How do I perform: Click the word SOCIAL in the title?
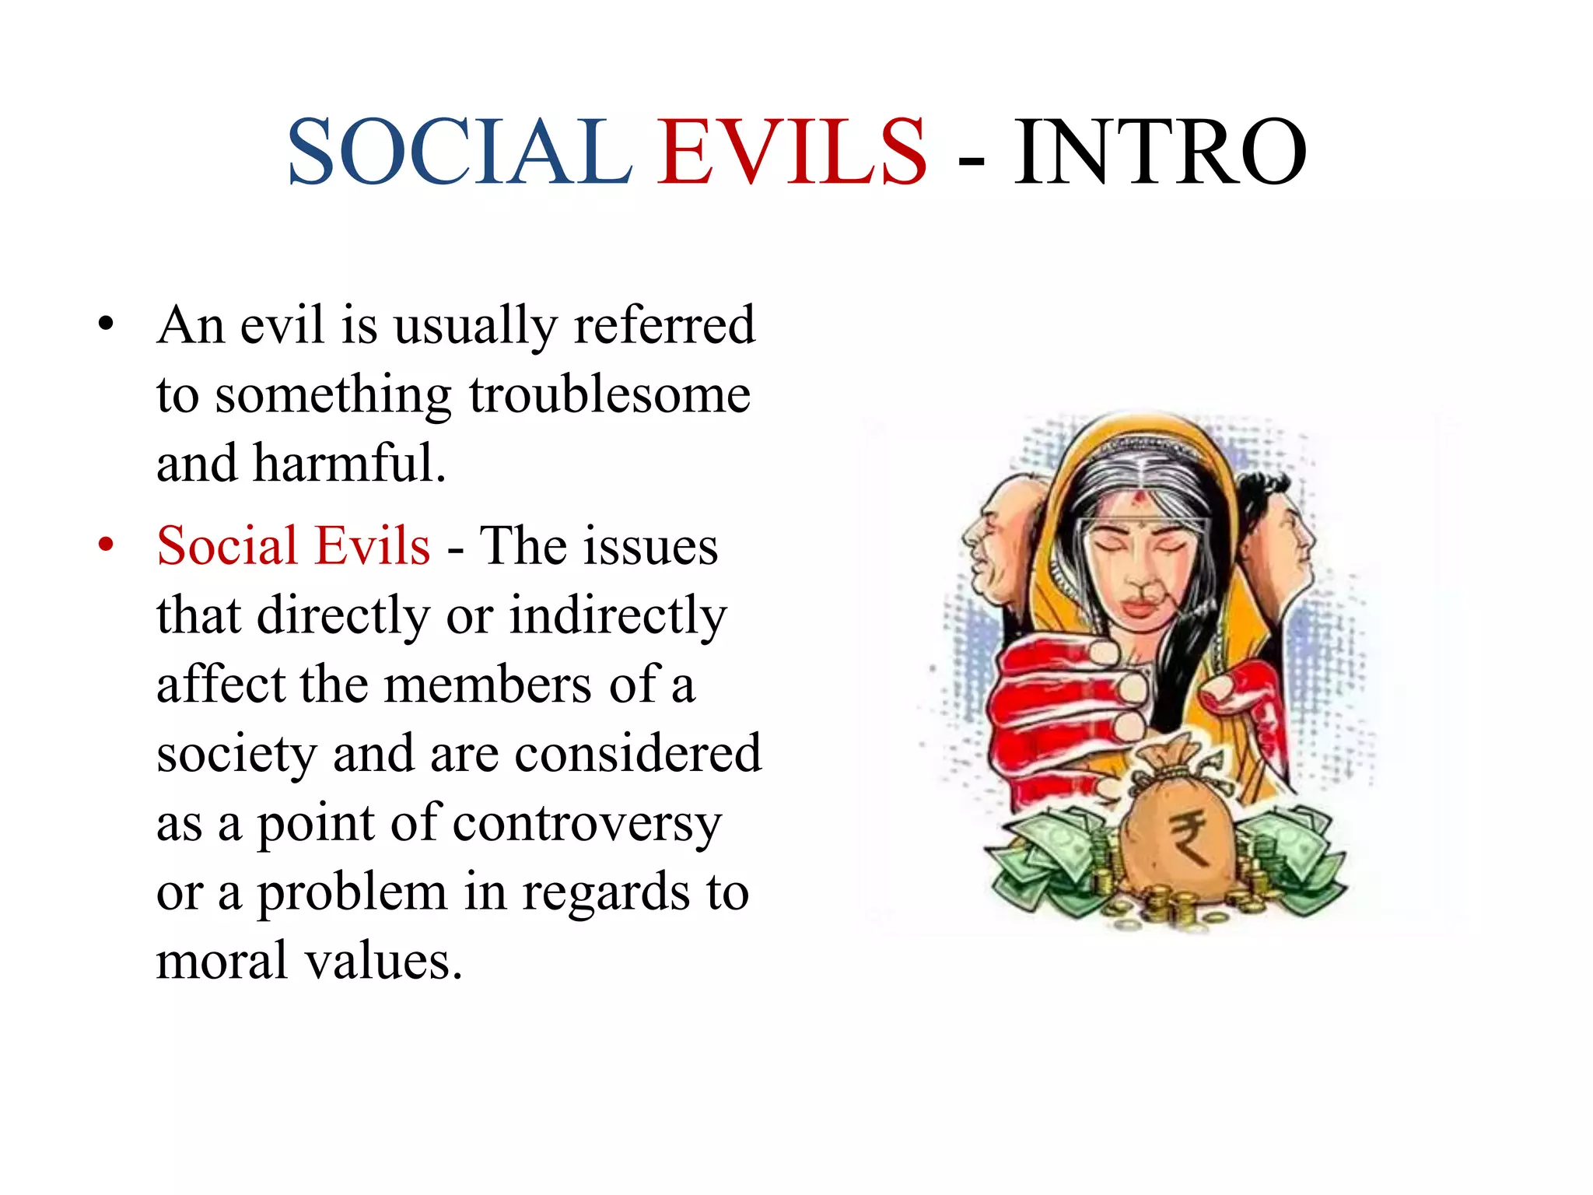click(x=459, y=152)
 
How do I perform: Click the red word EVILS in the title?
click(x=792, y=152)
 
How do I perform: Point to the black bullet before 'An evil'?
click(x=107, y=324)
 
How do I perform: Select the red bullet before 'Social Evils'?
click(x=107, y=544)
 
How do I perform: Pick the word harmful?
click(x=349, y=464)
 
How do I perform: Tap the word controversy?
click(x=587, y=823)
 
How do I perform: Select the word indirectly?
click(x=618, y=616)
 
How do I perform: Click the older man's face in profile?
click(x=992, y=545)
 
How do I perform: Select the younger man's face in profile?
click(x=1287, y=537)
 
